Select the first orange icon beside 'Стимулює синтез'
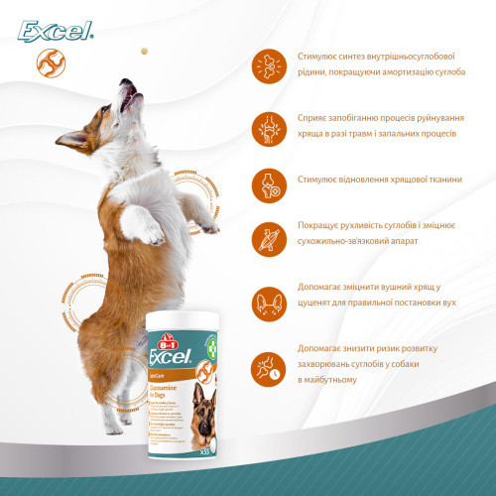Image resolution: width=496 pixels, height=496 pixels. tap(266, 64)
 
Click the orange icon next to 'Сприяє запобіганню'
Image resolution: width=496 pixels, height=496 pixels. tap(266, 124)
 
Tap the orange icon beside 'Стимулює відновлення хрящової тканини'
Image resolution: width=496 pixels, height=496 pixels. tap(266, 184)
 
